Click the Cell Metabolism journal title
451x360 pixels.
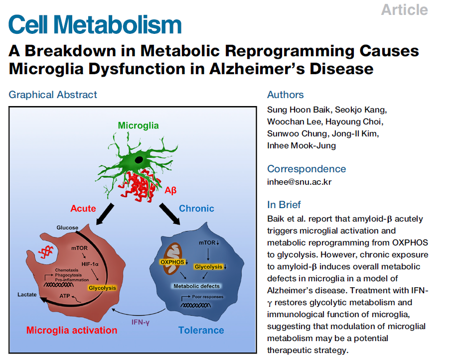[x=95, y=25]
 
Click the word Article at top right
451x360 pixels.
[x=404, y=9]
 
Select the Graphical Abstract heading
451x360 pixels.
[x=53, y=95]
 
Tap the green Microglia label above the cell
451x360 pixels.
[x=138, y=125]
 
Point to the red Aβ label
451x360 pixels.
[x=170, y=190]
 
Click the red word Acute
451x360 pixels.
[x=83, y=208]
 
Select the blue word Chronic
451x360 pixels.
[x=196, y=208]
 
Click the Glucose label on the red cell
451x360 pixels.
[x=67, y=228]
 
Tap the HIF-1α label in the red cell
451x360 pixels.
[x=91, y=264]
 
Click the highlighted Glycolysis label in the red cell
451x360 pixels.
[x=102, y=287]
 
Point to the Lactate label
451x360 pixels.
[x=27, y=295]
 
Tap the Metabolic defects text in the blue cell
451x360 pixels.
[x=196, y=286]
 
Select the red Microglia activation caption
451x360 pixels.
[x=72, y=330]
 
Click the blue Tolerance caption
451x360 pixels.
[x=201, y=330]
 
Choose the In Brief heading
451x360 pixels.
[x=284, y=205]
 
